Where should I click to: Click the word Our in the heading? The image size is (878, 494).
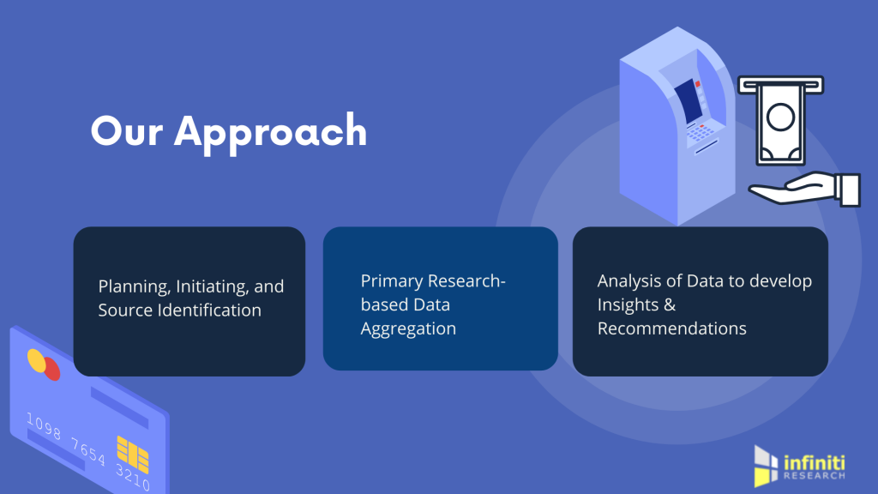127,131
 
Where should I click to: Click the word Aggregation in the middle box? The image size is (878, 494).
408,328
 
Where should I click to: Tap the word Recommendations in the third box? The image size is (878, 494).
672,328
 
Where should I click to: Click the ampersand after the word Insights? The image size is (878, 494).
670,304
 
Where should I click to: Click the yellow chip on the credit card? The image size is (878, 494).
133,455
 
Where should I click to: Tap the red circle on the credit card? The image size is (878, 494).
51,370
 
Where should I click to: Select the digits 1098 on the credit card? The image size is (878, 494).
44,425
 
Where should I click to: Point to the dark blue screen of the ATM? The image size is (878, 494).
689,101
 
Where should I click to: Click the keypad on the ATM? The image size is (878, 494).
701,131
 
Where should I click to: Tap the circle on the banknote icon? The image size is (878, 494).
780,117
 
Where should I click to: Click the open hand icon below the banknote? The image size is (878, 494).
804,189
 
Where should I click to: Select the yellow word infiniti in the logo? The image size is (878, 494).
815,463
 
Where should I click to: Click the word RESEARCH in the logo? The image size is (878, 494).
815,475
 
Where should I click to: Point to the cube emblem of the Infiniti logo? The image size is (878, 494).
766,466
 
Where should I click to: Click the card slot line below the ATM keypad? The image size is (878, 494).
707,147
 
